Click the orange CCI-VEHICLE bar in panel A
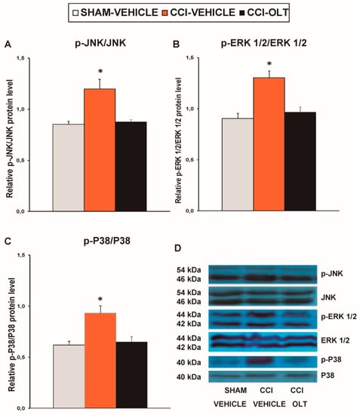100,150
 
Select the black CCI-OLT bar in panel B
300,161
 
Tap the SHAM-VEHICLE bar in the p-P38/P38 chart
69,377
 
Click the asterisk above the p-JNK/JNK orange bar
100,72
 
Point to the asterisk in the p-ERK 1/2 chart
269,64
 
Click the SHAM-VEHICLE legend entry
115,12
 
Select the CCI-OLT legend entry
264,12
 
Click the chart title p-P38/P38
107,241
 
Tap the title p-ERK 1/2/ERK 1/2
264,43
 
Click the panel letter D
178,248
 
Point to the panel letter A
8,45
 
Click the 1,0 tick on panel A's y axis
20,109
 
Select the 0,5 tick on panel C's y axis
20,357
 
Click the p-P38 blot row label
331,360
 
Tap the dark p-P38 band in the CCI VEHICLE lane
260,361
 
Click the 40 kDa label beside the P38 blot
189,377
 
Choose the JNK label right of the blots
328,297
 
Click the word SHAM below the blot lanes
235,390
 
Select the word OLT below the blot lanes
300,404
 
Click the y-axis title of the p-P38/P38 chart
11,335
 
